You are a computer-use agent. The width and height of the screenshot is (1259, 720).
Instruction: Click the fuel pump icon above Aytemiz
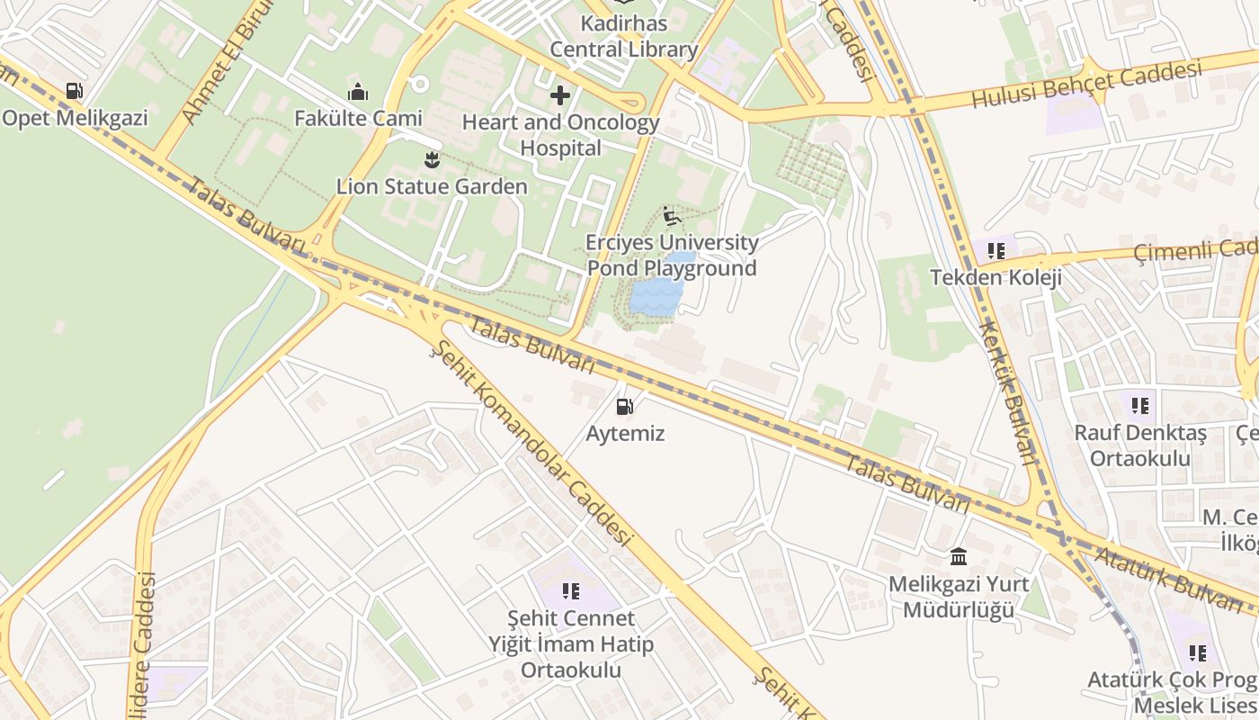point(624,407)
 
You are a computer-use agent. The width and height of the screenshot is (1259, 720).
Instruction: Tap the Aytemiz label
point(625,434)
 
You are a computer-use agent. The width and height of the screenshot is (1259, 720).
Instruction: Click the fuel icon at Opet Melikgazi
point(74,91)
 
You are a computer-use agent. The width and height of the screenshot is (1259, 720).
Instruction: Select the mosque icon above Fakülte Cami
point(358,92)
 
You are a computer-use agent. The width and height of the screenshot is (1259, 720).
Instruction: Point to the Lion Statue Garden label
point(432,187)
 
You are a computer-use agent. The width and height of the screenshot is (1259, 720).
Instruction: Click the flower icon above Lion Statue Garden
point(432,160)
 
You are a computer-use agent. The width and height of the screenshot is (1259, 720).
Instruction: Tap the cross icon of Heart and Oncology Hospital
point(560,95)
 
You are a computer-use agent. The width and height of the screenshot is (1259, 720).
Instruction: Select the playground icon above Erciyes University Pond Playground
point(671,216)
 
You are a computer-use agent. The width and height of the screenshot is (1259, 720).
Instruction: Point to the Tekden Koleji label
point(996,277)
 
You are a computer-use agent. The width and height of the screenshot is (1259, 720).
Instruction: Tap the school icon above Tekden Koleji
point(996,250)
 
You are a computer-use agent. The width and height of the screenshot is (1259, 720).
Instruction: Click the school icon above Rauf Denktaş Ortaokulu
point(1139,406)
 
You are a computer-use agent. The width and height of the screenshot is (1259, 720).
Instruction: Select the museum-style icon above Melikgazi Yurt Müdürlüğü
point(959,557)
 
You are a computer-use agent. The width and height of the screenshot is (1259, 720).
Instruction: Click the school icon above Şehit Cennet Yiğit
point(570,591)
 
